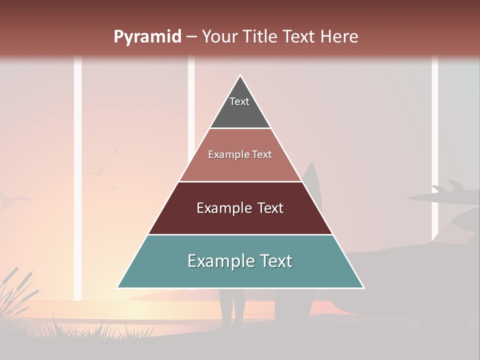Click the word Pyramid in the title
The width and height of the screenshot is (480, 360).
[x=147, y=37]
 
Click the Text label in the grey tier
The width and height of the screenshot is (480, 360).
[x=239, y=101]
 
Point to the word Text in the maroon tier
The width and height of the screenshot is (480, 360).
[x=270, y=208]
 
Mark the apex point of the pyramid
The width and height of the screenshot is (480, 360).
[x=240, y=76]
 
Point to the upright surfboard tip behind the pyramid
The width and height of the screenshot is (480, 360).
[x=310, y=167]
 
